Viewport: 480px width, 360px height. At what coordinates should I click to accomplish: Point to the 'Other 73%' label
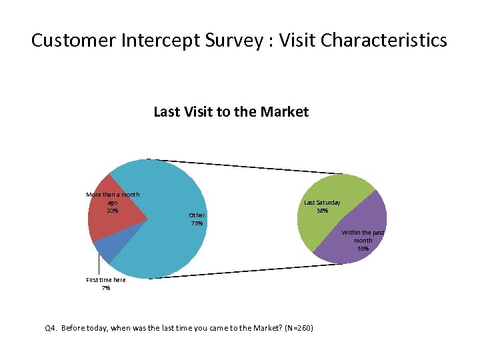coord(197,219)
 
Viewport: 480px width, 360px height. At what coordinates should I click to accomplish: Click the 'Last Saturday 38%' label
coord(322,206)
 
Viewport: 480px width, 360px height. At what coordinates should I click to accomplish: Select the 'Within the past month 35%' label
coord(363,240)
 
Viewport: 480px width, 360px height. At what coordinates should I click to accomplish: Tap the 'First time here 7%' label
coord(106,284)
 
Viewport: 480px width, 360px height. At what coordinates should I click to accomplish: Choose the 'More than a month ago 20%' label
coord(113,202)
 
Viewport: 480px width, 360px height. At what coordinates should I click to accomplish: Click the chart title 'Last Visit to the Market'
coord(231,112)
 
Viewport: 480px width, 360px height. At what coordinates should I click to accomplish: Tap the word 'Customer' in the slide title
coord(73,41)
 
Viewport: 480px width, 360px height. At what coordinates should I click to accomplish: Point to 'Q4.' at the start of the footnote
coord(51,329)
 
